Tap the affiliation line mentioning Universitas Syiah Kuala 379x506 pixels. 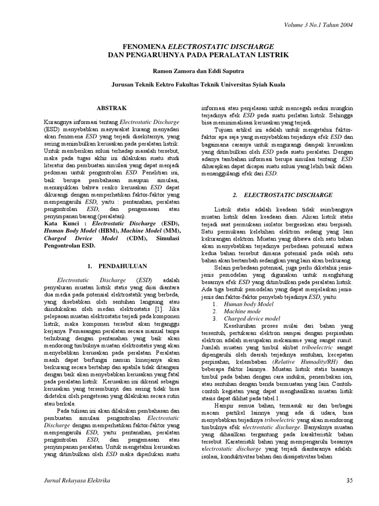(x=197, y=85)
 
